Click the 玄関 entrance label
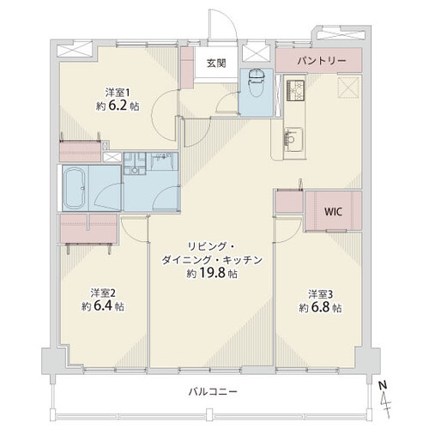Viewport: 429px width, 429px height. tap(216, 63)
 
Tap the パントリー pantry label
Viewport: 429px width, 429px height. tap(322, 61)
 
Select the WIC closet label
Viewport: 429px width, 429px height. tap(333, 212)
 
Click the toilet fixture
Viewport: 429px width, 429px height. tap(257, 83)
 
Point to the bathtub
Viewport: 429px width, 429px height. tap(74, 188)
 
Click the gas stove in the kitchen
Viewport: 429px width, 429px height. tap(295, 90)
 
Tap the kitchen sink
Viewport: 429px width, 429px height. tap(293, 140)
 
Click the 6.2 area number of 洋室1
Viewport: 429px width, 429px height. tap(118, 106)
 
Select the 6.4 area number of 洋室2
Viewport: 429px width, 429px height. tap(102, 306)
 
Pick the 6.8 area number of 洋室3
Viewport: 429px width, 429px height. tap(320, 307)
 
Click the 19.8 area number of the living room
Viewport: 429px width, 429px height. tap(212, 273)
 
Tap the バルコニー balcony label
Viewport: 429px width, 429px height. tap(213, 391)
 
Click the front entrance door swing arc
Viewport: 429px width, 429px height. tap(229, 17)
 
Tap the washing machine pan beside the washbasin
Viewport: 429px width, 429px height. tap(135, 163)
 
